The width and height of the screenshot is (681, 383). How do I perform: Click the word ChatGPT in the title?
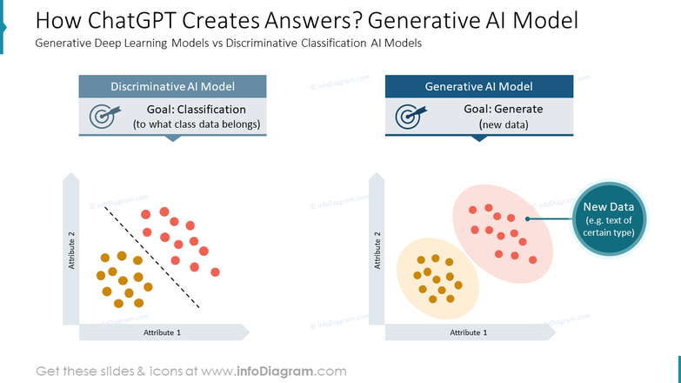click(132, 20)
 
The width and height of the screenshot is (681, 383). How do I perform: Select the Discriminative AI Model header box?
click(172, 86)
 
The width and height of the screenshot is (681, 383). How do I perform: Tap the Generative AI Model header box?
click(479, 86)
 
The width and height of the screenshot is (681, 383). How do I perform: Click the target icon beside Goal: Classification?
click(104, 116)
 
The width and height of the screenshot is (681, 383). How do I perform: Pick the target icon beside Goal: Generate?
click(411, 116)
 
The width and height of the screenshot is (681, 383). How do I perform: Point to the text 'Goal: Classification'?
click(197, 109)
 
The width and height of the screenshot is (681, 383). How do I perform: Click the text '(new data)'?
click(504, 124)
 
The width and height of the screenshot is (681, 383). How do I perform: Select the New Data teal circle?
click(609, 218)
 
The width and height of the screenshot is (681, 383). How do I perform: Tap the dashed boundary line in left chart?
click(152, 258)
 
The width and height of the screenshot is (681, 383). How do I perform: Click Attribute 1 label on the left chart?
click(162, 333)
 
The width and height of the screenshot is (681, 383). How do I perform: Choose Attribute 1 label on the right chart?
click(468, 333)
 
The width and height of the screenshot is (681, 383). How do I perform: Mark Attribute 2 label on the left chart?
click(71, 251)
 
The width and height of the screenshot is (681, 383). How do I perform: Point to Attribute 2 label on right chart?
click(377, 251)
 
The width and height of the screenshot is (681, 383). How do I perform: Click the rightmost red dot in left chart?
click(215, 272)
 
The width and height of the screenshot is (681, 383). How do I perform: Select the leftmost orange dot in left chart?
click(101, 275)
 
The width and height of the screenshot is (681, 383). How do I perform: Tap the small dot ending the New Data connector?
click(527, 218)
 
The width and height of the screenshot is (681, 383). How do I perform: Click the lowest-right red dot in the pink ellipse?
click(533, 260)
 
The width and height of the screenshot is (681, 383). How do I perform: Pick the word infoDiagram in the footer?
click(275, 372)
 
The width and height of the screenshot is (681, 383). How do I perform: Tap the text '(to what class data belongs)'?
click(197, 124)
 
